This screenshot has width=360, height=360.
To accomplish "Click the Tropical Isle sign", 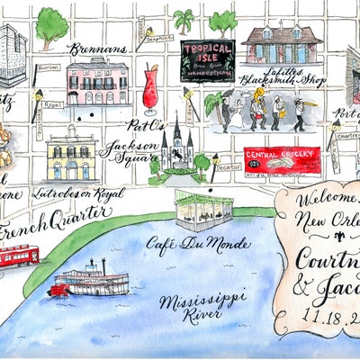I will point(208,59).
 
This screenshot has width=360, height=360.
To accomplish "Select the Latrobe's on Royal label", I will point(76,193).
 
